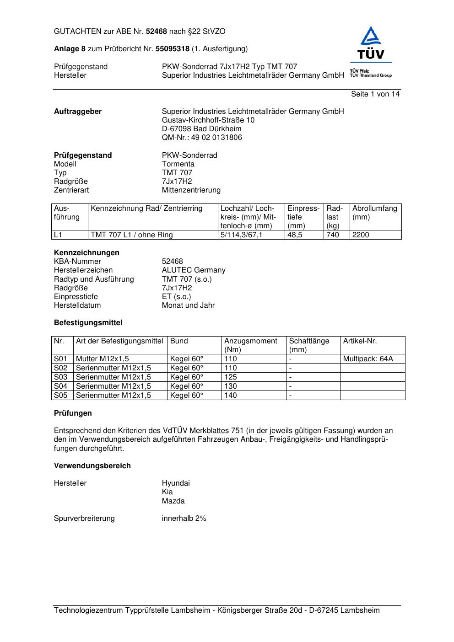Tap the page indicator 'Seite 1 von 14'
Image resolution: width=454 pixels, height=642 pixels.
[x=375, y=94]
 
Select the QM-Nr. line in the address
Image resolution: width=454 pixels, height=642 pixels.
[x=202, y=138]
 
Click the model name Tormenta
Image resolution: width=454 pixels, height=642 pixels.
[x=178, y=164]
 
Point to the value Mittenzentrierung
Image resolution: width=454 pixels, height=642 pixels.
[x=191, y=190]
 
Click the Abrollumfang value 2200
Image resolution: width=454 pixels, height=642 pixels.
[x=361, y=235]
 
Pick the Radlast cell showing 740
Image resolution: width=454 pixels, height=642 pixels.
[x=333, y=235]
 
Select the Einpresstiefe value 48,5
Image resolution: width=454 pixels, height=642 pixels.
[x=295, y=235]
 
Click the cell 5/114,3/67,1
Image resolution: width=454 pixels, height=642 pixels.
[x=242, y=235]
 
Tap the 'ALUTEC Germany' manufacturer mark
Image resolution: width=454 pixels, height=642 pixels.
[x=194, y=270]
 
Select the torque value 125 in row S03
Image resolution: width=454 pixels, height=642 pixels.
[x=231, y=377]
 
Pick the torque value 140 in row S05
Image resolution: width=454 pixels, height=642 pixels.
[x=231, y=396]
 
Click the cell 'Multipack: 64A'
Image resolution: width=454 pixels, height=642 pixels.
[x=368, y=359]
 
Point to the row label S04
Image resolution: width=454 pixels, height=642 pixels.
[x=60, y=386]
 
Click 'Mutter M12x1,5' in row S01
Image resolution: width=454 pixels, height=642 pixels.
[x=103, y=359]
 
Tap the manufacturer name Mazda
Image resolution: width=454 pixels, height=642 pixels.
[x=173, y=501]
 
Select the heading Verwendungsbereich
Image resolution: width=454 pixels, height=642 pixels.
[x=92, y=466]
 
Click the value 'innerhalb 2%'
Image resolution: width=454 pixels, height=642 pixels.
[x=184, y=519]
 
